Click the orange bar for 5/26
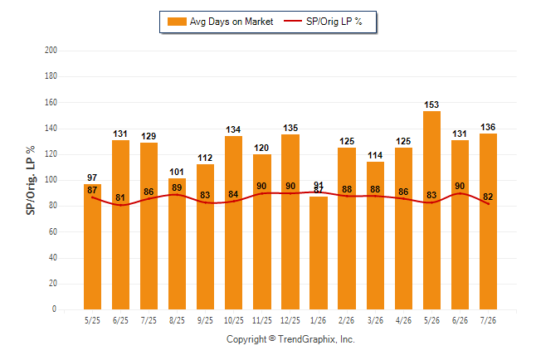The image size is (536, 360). pyautogui.click(x=431, y=210)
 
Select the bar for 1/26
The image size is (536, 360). pyautogui.click(x=319, y=253)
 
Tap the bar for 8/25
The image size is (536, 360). pyautogui.click(x=177, y=244)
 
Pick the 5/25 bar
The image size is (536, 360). pyautogui.click(x=92, y=247)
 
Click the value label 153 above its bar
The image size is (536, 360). pyautogui.click(x=431, y=105)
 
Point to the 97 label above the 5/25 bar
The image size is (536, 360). pyautogui.click(x=92, y=178)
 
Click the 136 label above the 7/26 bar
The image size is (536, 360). pyautogui.click(x=488, y=127)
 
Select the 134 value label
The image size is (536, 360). pyautogui.click(x=233, y=129)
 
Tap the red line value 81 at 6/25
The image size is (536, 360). pyautogui.click(x=120, y=197)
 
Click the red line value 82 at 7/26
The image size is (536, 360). pyautogui.click(x=488, y=197)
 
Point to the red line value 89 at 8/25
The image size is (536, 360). pyautogui.click(x=177, y=187)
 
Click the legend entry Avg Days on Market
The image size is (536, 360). pyautogui.click(x=221, y=22)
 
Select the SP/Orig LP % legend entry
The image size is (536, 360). pyautogui.click(x=323, y=22)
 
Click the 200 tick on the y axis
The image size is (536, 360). pyautogui.click(x=51, y=50)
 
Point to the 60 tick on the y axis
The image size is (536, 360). pyautogui.click(x=52, y=231)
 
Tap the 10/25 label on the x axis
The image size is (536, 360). pyautogui.click(x=234, y=320)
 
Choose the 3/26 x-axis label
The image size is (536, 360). pyautogui.click(x=375, y=320)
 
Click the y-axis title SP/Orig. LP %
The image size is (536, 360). pyautogui.click(x=31, y=180)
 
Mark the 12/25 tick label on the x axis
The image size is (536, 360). pyautogui.click(x=290, y=320)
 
